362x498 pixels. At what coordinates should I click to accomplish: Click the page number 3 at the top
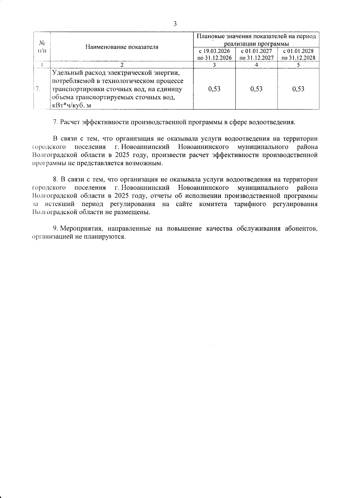coord(175,24)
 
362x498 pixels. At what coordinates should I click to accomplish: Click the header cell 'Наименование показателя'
coord(122,47)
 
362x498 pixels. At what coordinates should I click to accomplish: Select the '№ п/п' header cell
coord(42,47)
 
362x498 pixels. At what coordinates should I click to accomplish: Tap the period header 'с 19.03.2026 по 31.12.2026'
coord(214,55)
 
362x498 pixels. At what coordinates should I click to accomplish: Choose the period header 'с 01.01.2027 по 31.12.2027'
coord(256,55)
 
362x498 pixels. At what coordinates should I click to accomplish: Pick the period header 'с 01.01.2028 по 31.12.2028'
coord(298,55)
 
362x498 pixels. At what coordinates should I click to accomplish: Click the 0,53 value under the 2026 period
coord(214,89)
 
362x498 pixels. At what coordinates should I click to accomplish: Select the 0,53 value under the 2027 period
coord(256,89)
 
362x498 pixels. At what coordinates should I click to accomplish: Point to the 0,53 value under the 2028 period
coord(298,89)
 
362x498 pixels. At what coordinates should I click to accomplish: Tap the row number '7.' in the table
coord(38,89)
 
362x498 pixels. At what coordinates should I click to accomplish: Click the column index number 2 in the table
coord(122,64)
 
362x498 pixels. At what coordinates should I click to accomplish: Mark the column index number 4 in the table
coord(256,64)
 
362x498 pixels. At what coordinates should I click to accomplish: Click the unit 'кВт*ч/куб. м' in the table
coord(71,105)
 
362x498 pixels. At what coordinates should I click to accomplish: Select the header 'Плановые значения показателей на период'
coord(256,37)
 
